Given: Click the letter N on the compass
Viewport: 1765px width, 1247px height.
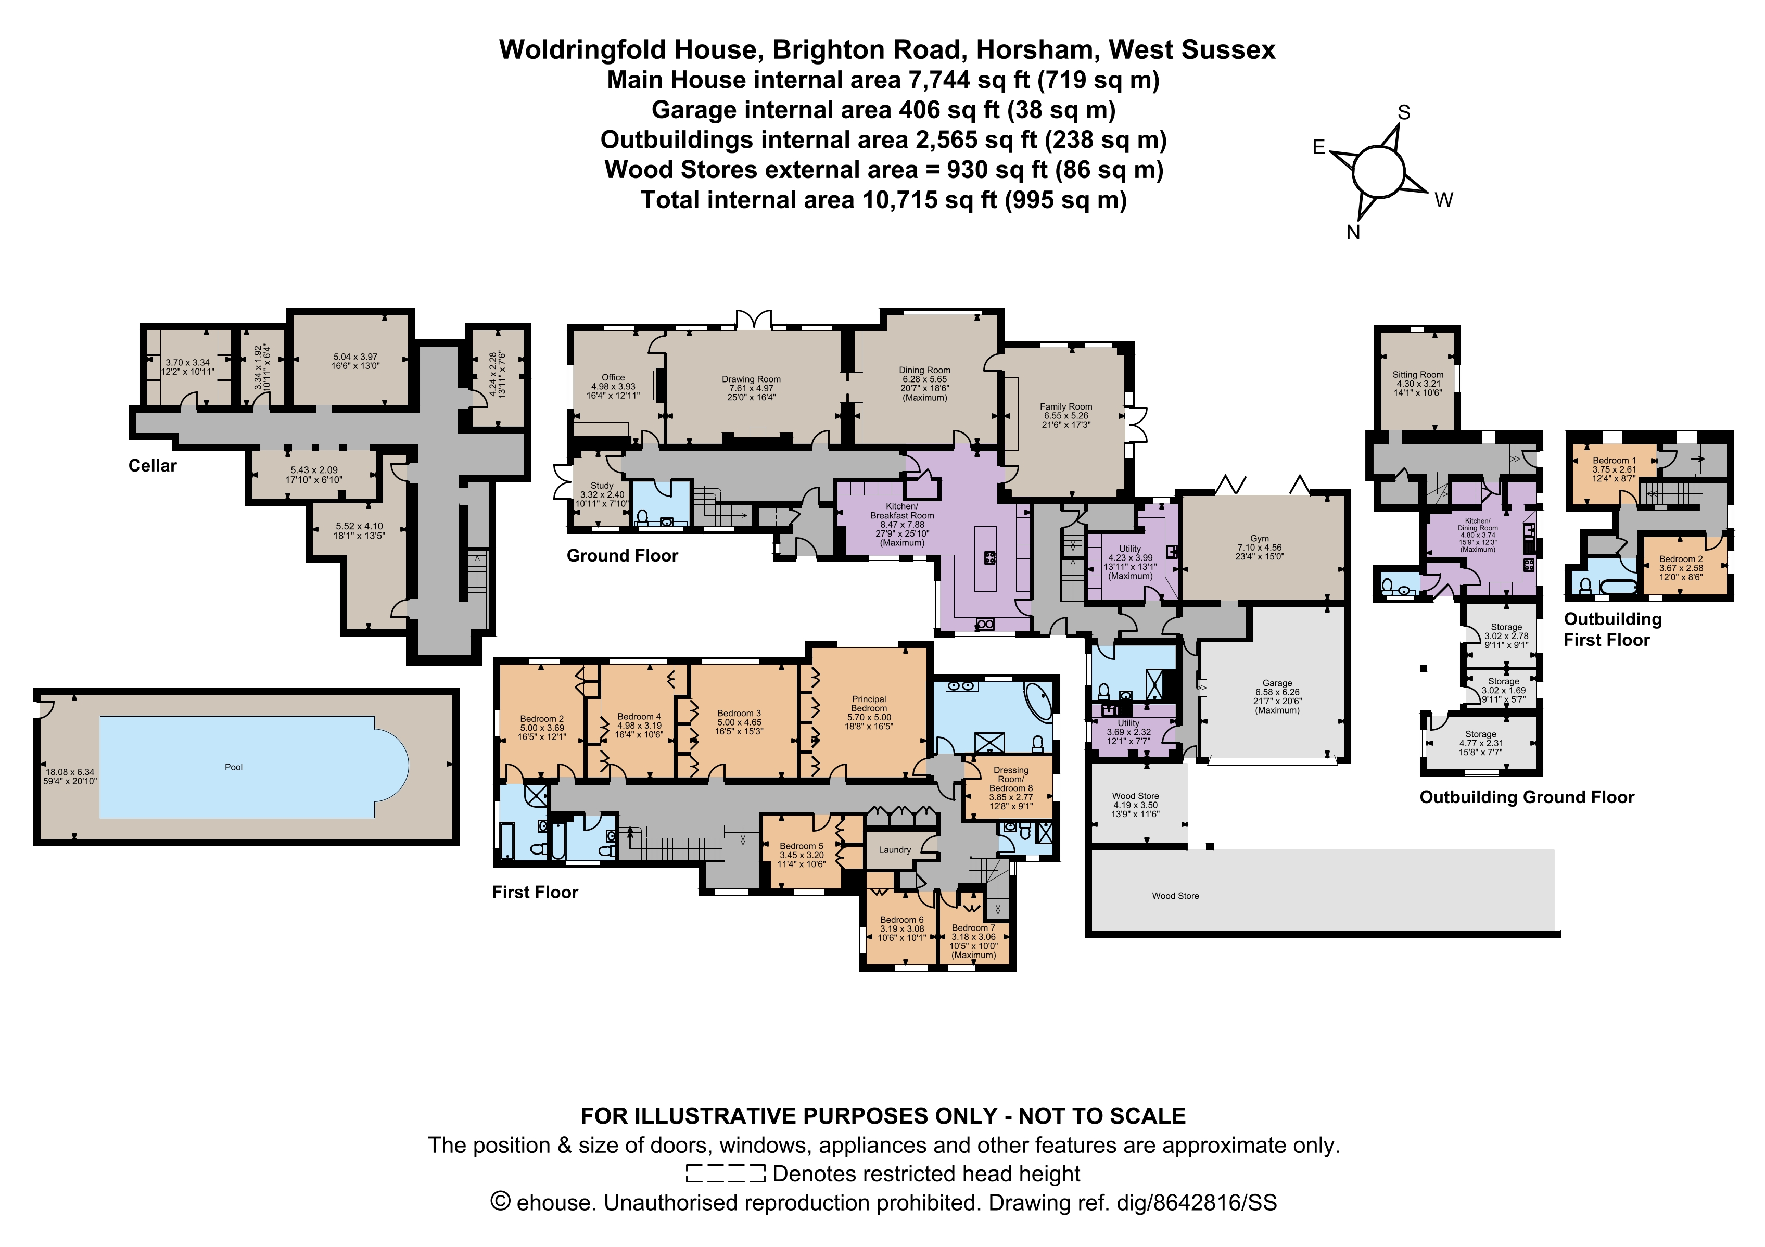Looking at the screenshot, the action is (1353, 232).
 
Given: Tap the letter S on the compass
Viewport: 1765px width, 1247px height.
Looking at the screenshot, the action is (1404, 113).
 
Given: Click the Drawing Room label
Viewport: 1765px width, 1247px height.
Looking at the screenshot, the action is (751, 379).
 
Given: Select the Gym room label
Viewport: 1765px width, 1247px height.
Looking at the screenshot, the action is (1259, 538).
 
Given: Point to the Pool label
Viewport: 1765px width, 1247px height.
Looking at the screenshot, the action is (234, 767).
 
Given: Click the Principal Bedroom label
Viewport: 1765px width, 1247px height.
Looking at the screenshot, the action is (869, 704).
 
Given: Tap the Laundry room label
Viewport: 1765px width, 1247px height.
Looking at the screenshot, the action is (895, 849).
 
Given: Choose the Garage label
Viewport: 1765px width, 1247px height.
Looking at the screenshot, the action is (1277, 683).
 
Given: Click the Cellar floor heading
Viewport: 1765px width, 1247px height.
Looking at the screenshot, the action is (152, 466).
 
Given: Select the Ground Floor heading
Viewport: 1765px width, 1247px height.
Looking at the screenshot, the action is (623, 556).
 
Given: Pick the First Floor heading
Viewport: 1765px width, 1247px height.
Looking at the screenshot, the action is (535, 892).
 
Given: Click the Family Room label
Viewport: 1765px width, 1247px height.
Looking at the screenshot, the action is (1065, 406).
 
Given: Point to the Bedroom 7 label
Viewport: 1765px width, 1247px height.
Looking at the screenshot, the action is (973, 928).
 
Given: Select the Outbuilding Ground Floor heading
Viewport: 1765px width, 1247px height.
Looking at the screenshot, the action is (1527, 797).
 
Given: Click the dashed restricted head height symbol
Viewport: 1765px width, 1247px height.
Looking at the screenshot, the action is (726, 1173).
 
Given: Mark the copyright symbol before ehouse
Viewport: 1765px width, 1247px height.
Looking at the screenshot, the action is (500, 1202).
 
